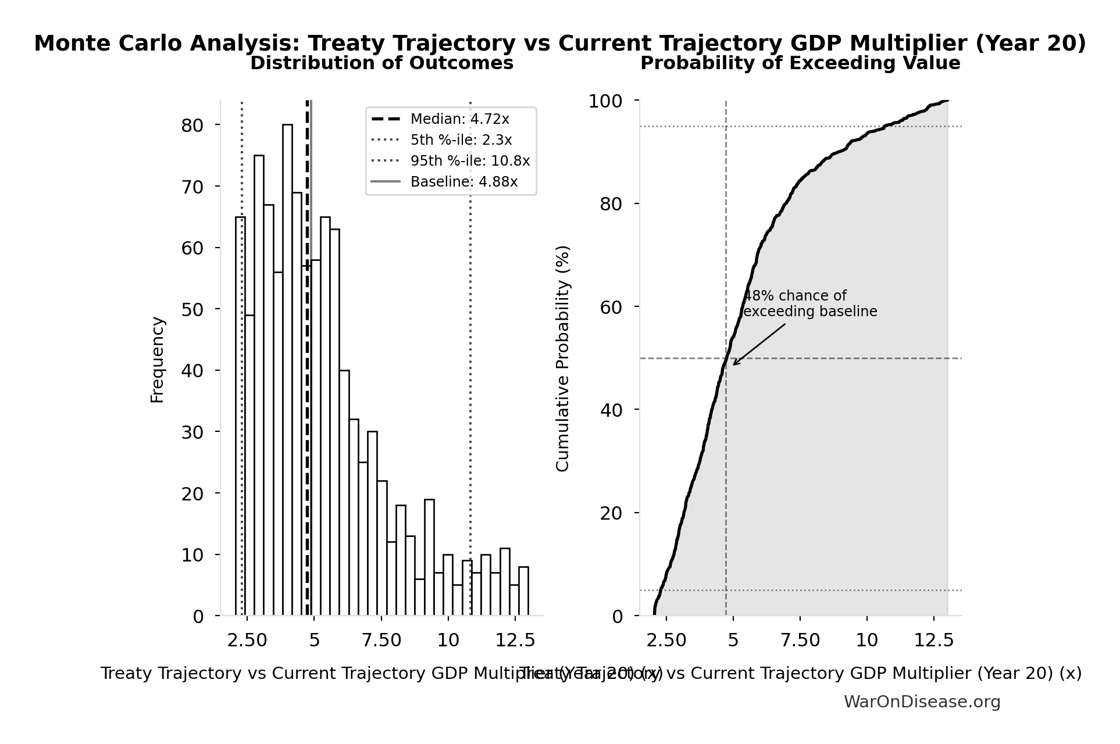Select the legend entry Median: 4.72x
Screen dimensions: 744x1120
pyautogui.click(x=459, y=119)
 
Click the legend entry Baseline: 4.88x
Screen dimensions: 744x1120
pyautogui.click(x=463, y=182)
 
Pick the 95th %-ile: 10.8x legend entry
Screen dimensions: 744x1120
pyautogui.click(x=470, y=161)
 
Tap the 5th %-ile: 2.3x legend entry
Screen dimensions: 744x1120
pyautogui.click(x=461, y=140)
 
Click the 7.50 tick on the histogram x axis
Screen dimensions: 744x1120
pyautogui.click(x=381, y=640)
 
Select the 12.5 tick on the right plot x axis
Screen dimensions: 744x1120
pyautogui.click(x=934, y=640)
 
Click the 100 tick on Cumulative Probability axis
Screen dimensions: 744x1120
pyautogui.click(x=605, y=101)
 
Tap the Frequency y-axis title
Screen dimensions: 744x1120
pyautogui.click(x=158, y=359)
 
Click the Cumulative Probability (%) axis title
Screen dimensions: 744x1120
pyautogui.click(x=562, y=358)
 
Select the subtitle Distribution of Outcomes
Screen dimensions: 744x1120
pyautogui.click(x=381, y=63)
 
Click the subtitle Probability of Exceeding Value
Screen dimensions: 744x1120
pyautogui.click(x=800, y=63)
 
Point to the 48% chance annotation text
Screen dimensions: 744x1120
pyautogui.click(x=810, y=304)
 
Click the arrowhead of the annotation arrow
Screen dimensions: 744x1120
pyautogui.click(x=734, y=364)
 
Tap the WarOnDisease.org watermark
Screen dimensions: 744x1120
pyautogui.click(x=922, y=702)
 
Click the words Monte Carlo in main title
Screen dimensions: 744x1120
pyautogui.click(x=110, y=44)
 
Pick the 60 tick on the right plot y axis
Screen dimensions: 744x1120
pyautogui.click(x=611, y=307)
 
